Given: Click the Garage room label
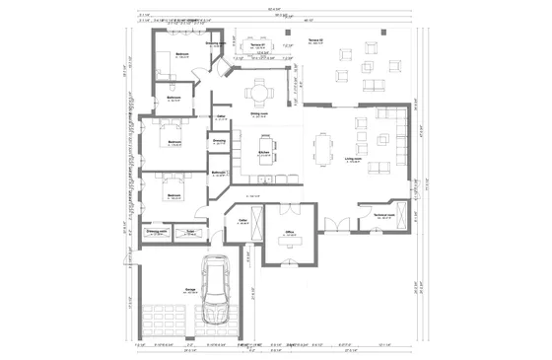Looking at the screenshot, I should click(x=187, y=290).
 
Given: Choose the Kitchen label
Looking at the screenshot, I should click(x=263, y=153).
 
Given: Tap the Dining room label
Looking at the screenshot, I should click(x=259, y=113).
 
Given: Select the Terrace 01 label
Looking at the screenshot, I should click(x=260, y=45).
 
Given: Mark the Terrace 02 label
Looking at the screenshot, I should click(x=316, y=40).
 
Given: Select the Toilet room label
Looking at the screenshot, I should click(x=240, y=221).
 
